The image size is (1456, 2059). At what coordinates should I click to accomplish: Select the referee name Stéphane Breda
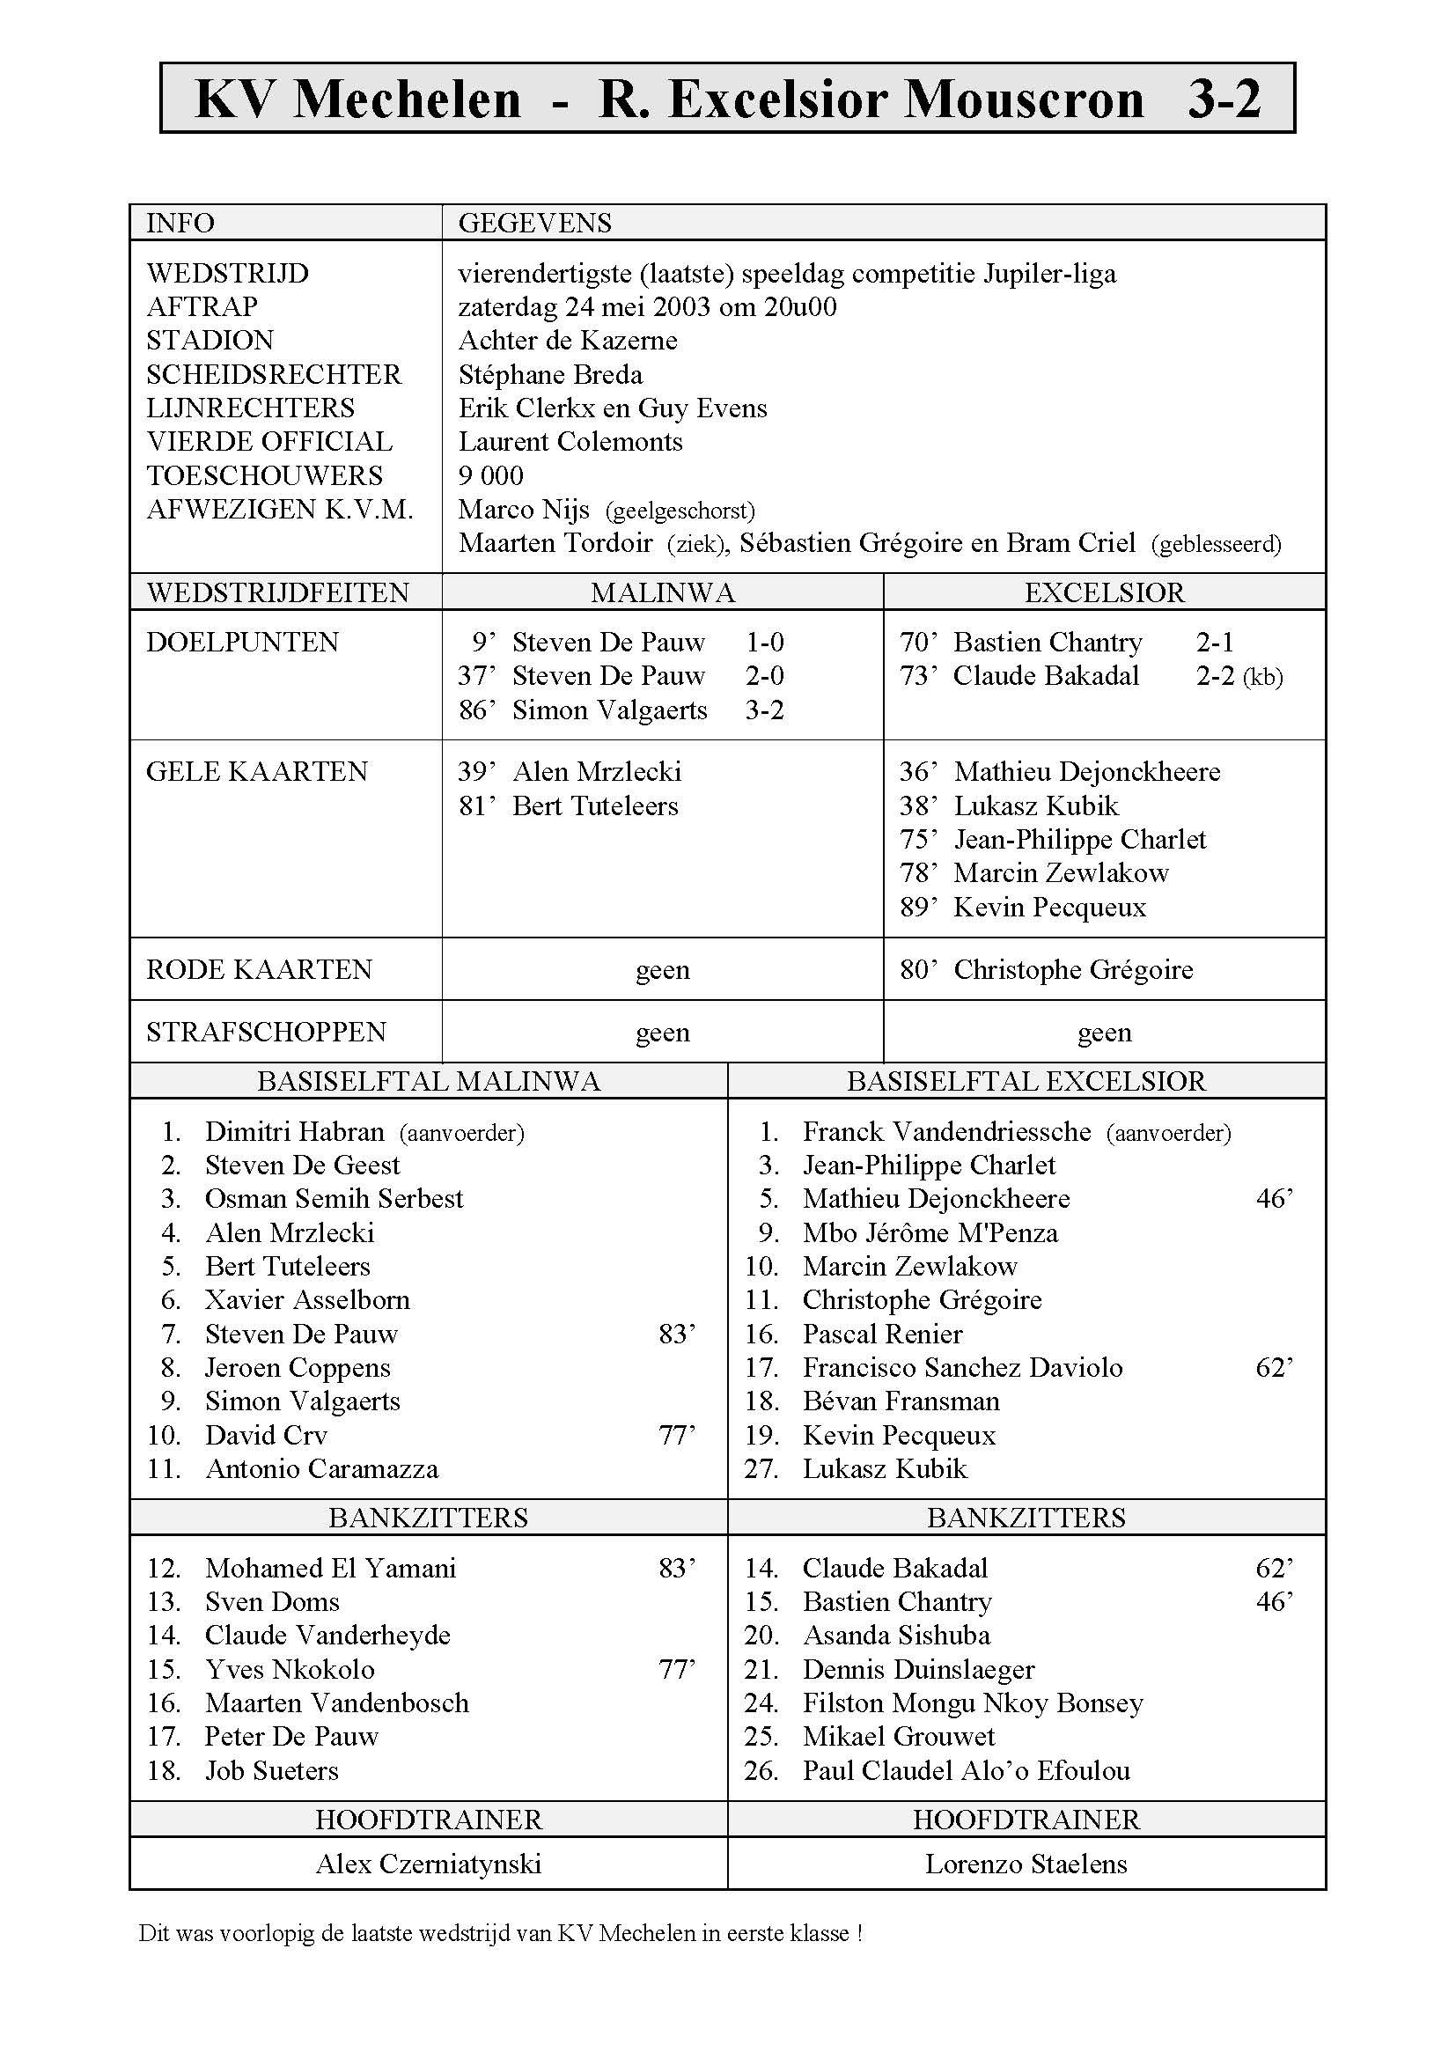pyautogui.click(x=549, y=374)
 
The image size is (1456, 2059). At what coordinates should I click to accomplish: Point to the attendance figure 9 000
pyautogui.click(x=490, y=475)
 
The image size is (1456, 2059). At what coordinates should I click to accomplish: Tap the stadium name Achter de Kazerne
pyautogui.click(x=568, y=341)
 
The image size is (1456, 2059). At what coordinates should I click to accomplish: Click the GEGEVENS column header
pyautogui.click(x=534, y=223)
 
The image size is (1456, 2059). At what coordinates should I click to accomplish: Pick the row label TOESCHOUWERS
pyautogui.click(x=264, y=475)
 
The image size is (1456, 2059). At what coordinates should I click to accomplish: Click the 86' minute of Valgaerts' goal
pyautogui.click(x=476, y=710)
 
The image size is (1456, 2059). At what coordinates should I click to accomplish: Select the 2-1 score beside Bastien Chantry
pyautogui.click(x=1215, y=642)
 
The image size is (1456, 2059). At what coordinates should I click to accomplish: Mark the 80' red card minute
pyautogui.click(x=918, y=970)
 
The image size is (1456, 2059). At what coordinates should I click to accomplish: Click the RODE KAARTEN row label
pyautogui.click(x=258, y=970)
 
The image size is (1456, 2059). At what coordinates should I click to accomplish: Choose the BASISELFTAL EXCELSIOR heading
pyautogui.click(x=1026, y=1082)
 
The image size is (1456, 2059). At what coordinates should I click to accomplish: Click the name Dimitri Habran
pyautogui.click(x=294, y=1132)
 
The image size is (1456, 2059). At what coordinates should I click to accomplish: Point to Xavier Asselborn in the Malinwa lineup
pyautogui.click(x=306, y=1300)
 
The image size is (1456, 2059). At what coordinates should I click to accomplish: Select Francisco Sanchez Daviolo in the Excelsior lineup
pyautogui.click(x=962, y=1368)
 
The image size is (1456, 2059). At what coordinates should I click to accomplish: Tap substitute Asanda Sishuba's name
pyautogui.click(x=895, y=1636)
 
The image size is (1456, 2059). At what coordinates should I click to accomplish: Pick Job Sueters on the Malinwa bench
pyautogui.click(x=272, y=1771)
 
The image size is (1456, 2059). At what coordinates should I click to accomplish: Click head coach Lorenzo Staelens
pyautogui.click(x=1026, y=1864)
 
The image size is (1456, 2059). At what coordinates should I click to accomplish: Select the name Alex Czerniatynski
pyautogui.click(x=429, y=1864)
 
